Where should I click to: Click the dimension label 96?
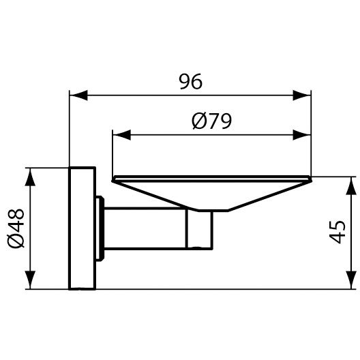point(190,82)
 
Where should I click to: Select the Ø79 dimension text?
point(211,121)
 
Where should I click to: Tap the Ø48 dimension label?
point(16,228)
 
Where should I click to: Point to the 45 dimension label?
point(337,232)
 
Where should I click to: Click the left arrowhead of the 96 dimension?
point(78,95)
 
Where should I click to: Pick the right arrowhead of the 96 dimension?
point(302,95)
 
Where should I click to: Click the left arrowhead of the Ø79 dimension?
point(121,135)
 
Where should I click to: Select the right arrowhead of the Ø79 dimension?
point(302,135)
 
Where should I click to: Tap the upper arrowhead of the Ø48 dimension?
point(30,177)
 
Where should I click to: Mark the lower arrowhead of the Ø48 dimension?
point(30,280)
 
